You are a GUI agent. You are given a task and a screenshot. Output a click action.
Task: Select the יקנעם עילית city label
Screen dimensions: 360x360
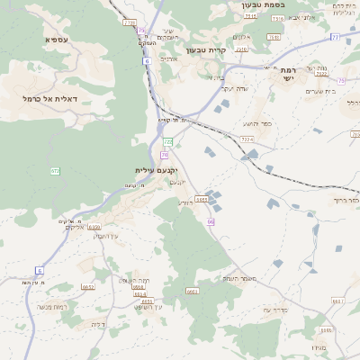click(156, 170)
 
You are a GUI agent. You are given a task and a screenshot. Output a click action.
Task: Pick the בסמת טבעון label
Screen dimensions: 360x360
click(263, 4)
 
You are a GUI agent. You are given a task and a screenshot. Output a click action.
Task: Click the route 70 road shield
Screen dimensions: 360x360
click(165, 154)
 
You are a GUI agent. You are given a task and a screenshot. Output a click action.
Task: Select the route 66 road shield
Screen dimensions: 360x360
click(211, 221)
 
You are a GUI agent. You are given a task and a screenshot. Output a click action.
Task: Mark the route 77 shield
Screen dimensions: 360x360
click(334, 38)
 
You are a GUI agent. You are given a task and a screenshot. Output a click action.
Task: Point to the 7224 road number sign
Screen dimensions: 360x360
click(247, 139)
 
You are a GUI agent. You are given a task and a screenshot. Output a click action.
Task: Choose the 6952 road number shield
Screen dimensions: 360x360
click(87, 286)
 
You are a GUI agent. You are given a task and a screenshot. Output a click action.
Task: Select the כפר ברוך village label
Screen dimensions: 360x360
click(346, 201)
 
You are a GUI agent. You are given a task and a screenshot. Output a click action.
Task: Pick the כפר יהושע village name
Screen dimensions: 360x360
click(256, 123)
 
